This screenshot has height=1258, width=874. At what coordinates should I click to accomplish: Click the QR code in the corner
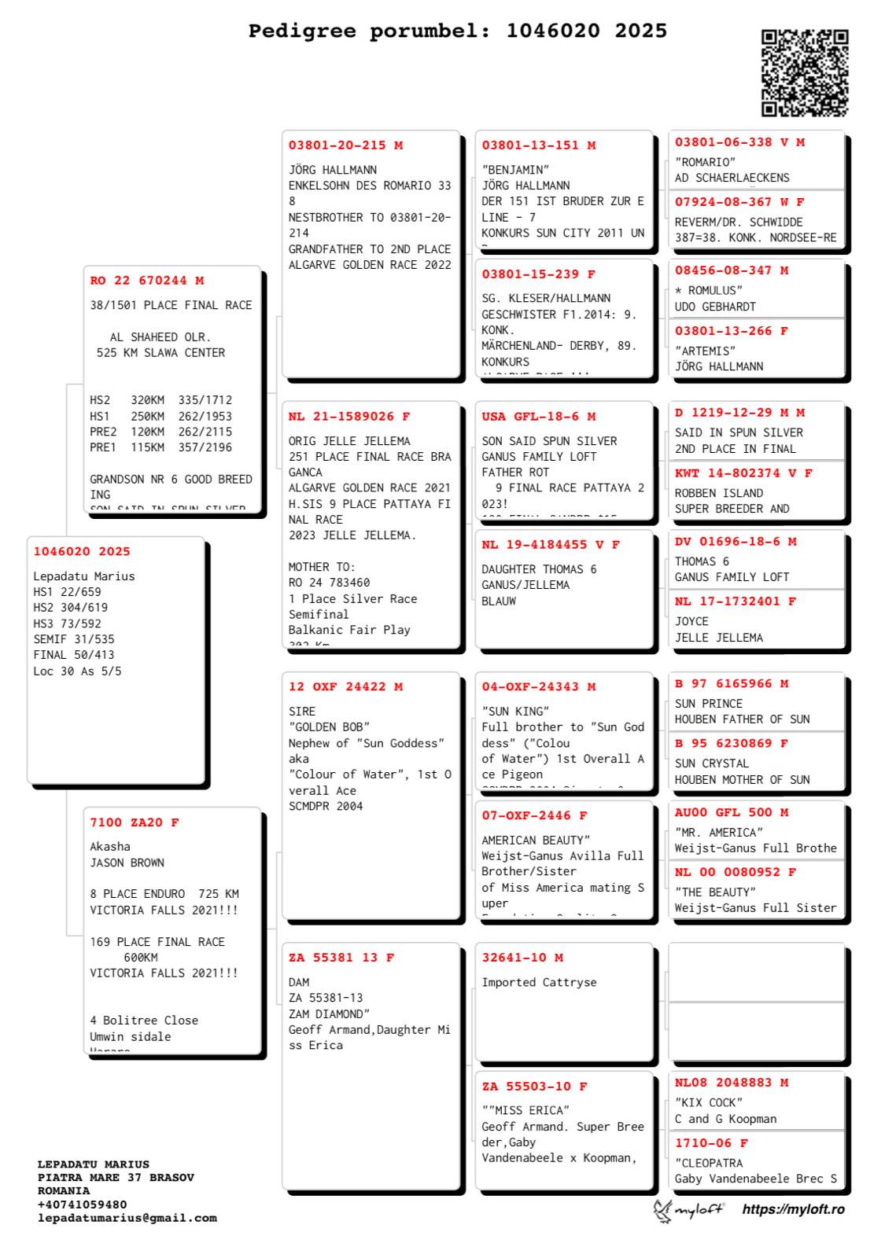point(805,72)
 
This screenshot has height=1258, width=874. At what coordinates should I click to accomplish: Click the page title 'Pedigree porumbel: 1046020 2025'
point(457,31)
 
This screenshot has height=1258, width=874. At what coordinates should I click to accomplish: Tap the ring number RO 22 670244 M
point(146,281)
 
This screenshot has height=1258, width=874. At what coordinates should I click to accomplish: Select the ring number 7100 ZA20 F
point(135,822)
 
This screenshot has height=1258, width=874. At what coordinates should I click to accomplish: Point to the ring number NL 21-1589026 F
point(348,417)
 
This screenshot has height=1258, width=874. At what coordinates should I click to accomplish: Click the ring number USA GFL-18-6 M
point(538,417)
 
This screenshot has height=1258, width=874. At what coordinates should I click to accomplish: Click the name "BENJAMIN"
point(515,170)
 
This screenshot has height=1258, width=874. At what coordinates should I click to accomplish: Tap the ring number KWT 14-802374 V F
point(743,473)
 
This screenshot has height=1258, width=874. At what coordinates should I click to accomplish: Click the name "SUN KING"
point(515,712)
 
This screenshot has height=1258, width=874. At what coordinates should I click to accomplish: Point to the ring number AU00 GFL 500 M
point(731,812)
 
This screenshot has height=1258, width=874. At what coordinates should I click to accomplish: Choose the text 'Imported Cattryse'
point(539,983)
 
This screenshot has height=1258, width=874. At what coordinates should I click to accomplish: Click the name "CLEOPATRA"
point(709,1163)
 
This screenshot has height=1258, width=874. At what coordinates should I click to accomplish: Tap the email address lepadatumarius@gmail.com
point(127,1218)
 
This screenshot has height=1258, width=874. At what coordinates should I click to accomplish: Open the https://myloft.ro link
point(793,1209)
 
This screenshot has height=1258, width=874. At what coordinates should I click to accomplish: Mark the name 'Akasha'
point(110,847)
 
